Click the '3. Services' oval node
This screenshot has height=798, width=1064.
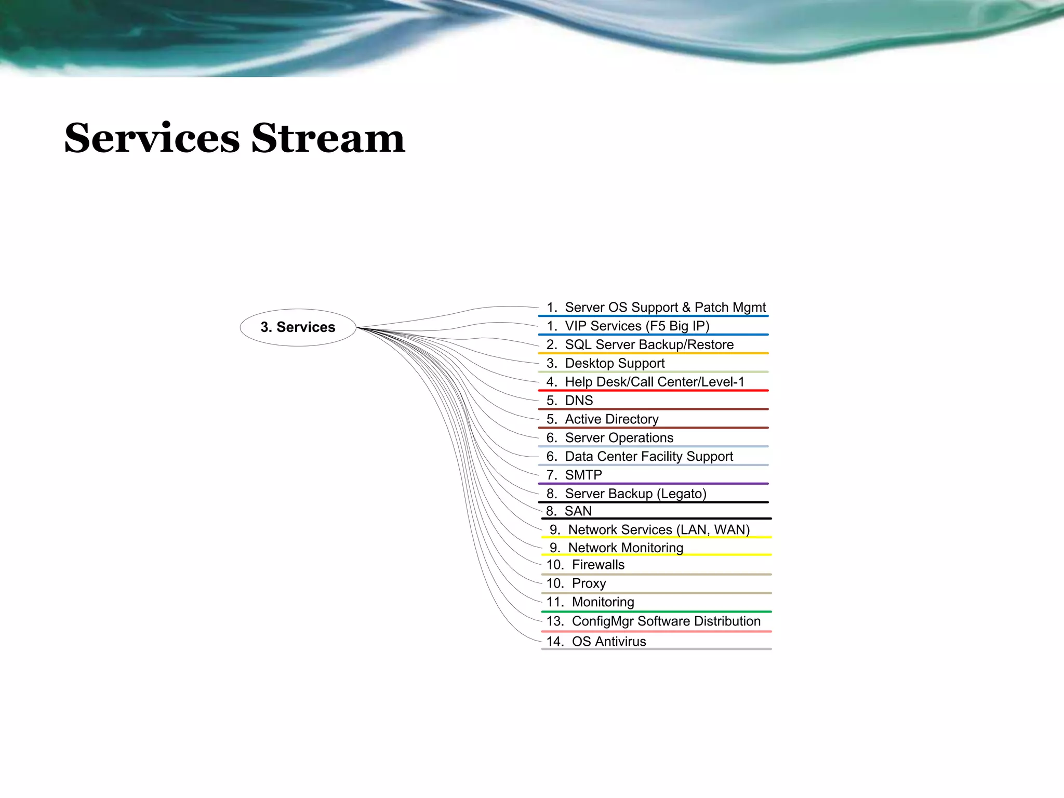point(298,327)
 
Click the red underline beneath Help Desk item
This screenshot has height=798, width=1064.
point(654,390)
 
